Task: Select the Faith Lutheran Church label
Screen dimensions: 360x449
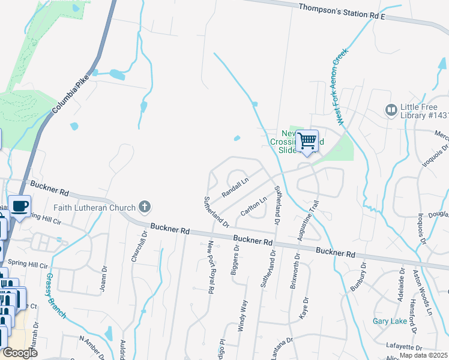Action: click(x=94, y=208)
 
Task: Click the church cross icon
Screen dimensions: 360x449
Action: click(x=144, y=208)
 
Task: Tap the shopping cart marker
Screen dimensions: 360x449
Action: click(x=307, y=142)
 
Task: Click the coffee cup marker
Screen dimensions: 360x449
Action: click(x=19, y=206)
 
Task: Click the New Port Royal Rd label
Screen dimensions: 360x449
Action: click(x=211, y=267)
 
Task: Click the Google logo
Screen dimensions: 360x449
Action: click(x=19, y=353)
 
